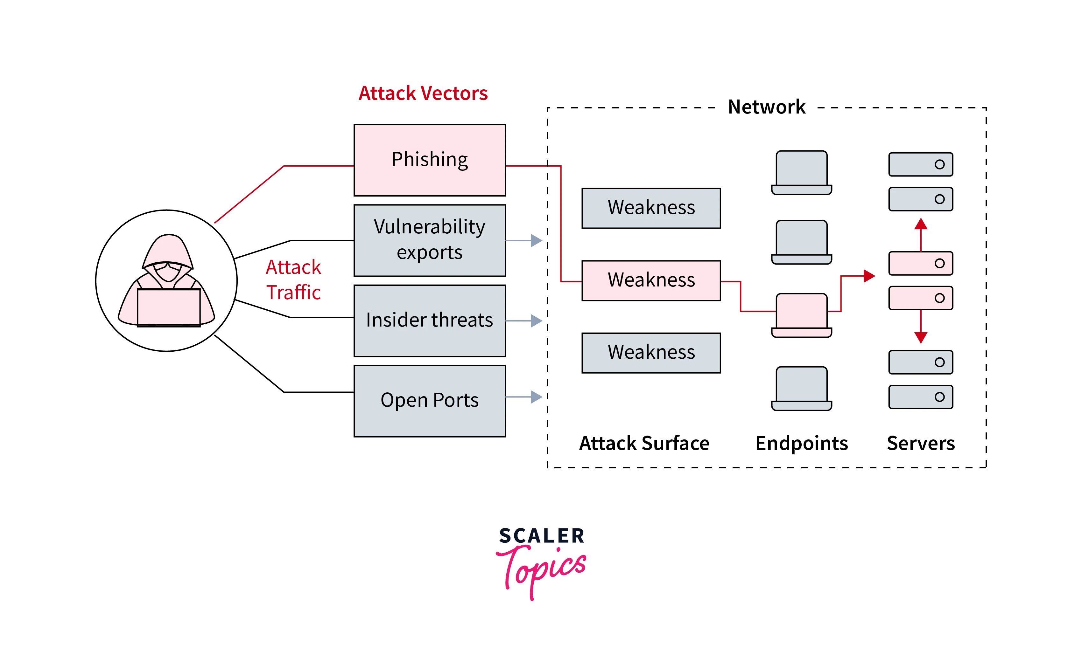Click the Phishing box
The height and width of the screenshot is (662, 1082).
pyautogui.click(x=430, y=160)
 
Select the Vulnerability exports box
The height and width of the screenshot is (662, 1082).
pyautogui.click(x=430, y=240)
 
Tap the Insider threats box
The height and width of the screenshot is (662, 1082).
pyautogui.click(x=430, y=320)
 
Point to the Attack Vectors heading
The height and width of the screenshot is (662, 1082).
pyautogui.click(x=423, y=93)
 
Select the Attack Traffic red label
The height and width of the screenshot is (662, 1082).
pyautogui.click(x=293, y=279)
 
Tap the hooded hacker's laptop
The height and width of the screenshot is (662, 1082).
pyautogui.click(x=169, y=307)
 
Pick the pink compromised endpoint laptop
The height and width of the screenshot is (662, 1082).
pyautogui.click(x=801, y=315)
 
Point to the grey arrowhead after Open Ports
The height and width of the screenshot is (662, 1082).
pyautogui.click(x=536, y=397)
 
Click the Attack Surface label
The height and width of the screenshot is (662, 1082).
pyautogui.click(x=644, y=443)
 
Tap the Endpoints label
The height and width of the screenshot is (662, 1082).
pyautogui.click(x=801, y=443)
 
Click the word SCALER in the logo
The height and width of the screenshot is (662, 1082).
pyautogui.click(x=541, y=536)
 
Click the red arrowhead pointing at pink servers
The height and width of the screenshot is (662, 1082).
pyautogui.click(x=869, y=276)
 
